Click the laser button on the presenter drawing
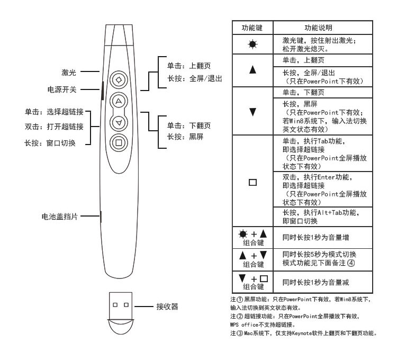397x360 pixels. coord(119,80)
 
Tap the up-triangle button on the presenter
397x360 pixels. coord(119,101)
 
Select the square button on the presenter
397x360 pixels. coord(119,142)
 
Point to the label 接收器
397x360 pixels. coord(166,306)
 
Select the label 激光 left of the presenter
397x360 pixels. coord(70,71)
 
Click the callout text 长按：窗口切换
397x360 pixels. coord(53,143)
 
